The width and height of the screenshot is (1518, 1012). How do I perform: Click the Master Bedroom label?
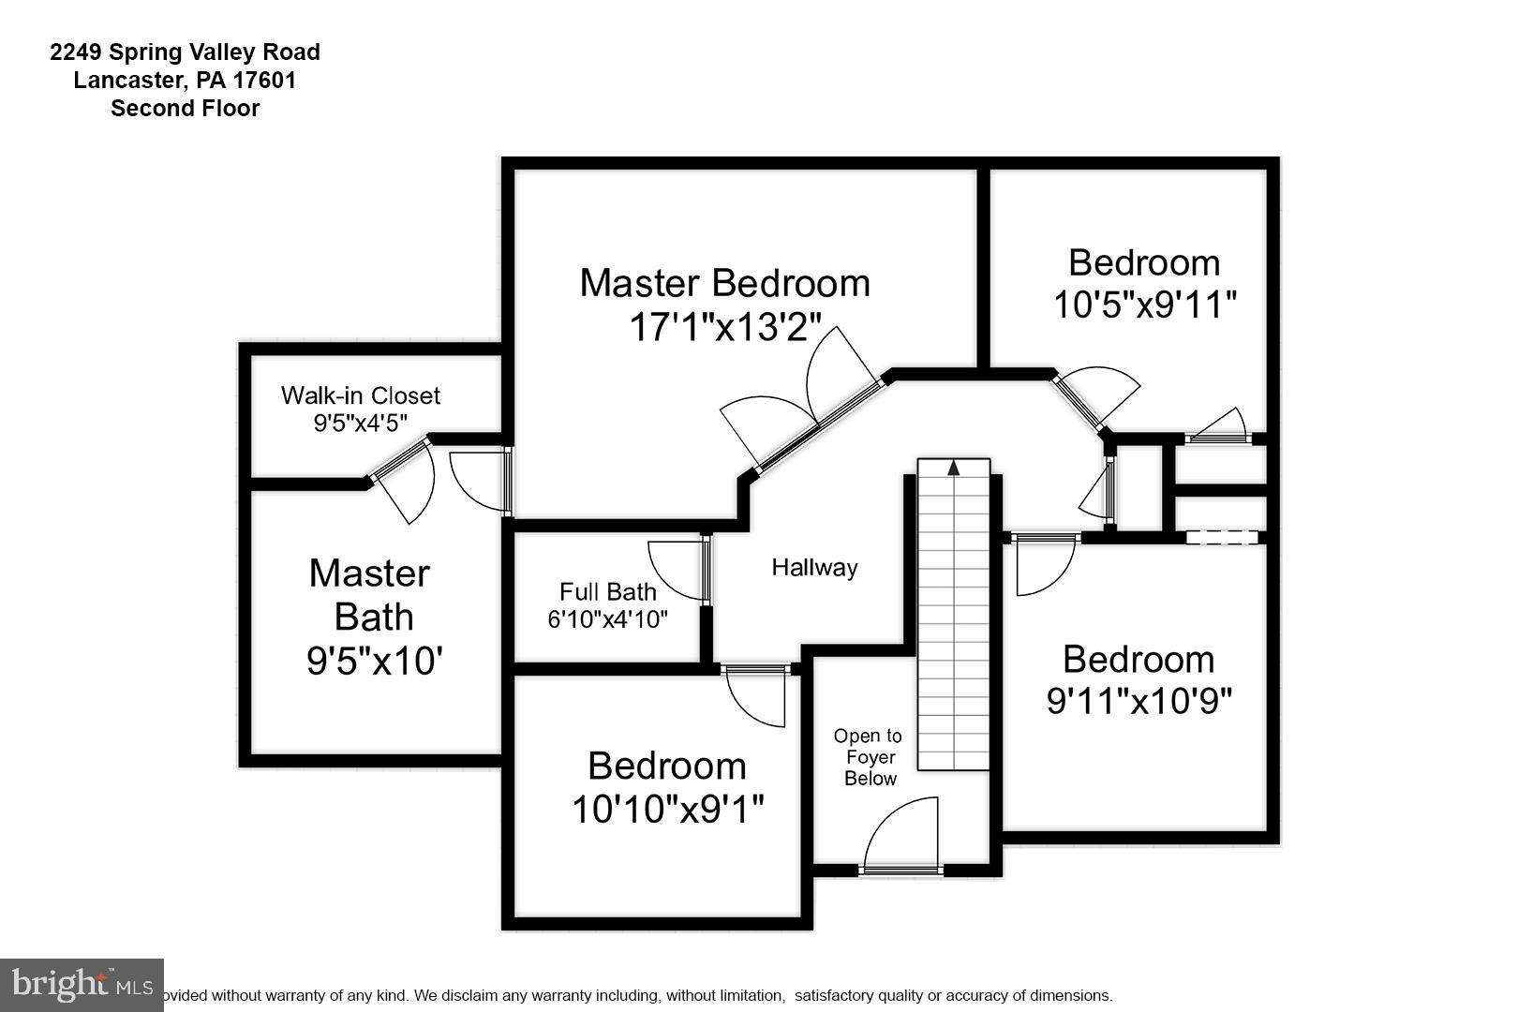tap(724, 283)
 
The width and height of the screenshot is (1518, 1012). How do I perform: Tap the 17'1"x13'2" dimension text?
tap(724, 328)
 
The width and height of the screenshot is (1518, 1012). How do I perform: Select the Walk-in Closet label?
tap(360, 395)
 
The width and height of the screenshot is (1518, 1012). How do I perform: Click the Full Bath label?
tap(607, 592)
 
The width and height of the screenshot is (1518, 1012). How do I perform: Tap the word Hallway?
tap(814, 567)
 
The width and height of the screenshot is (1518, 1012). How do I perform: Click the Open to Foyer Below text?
tap(869, 757)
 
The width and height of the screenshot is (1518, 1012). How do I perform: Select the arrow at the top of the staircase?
tap(954, 467)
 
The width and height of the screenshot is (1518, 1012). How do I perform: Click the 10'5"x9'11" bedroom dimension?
tap(1144, 305)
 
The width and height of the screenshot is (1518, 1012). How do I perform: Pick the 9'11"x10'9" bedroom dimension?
tap(1138, 701)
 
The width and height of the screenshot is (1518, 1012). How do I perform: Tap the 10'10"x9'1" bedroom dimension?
tap(667, 809)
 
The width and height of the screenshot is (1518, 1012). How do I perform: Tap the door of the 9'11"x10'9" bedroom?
tap(1045, 566)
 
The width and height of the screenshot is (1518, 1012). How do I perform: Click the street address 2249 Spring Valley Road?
tap(185, 52)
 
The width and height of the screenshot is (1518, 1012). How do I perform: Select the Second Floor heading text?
tap(185, 109)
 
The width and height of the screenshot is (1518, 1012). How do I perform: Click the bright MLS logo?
tap(82, 985)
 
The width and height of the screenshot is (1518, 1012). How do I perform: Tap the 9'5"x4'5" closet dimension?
tap(360, 423)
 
